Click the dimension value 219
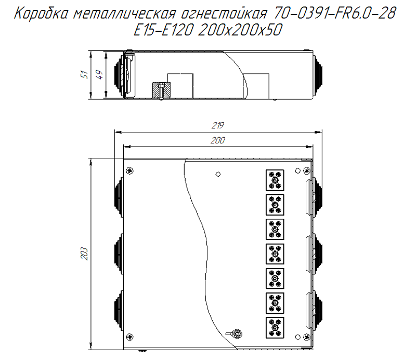tap(218, 125)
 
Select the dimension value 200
tap(218, 140)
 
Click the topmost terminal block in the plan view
tap(275, 180)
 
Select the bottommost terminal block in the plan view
tap(275, 327)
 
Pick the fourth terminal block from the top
tap(275, 254)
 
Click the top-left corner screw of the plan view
tap(129, 170)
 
